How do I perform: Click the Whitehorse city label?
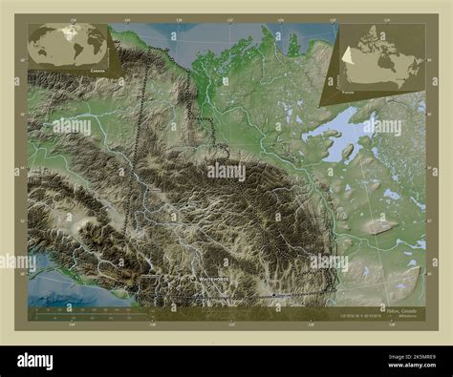(213, 279)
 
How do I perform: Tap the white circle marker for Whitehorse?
(197, 279)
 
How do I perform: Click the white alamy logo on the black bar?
(47, 359)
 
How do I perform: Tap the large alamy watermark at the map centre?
(226, 173)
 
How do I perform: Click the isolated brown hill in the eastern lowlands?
(379, 226)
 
